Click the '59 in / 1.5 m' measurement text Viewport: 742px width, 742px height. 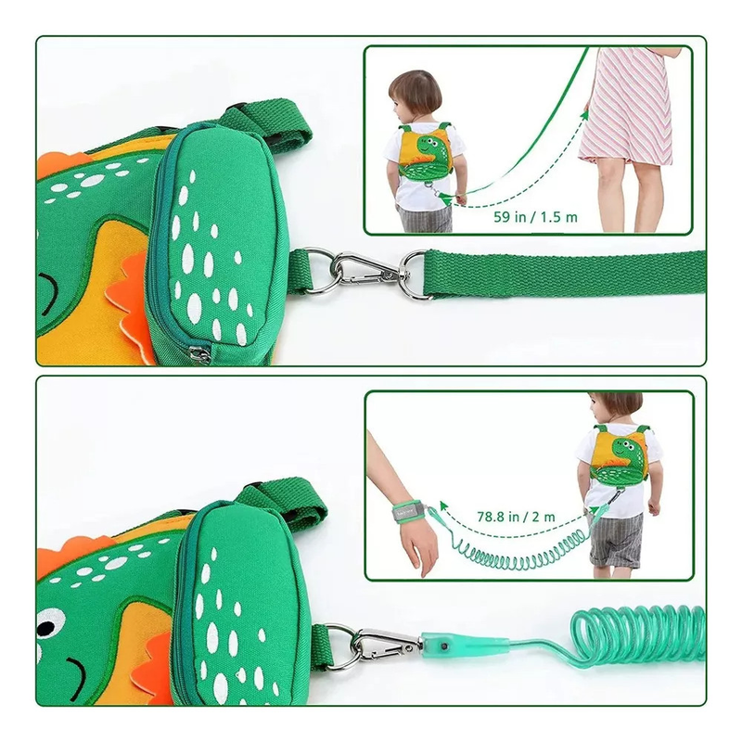[x=535, y=217]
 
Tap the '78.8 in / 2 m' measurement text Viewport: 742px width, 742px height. [x=516, y=517]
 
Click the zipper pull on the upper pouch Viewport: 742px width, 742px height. [x=199, y=353]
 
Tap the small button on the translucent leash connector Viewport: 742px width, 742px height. [x=445, y=646]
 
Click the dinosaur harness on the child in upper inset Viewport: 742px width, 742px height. [x=424, y=150]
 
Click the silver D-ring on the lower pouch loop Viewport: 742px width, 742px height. [x=339, y=645]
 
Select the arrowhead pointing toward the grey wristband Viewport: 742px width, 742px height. [x=444, y=505]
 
